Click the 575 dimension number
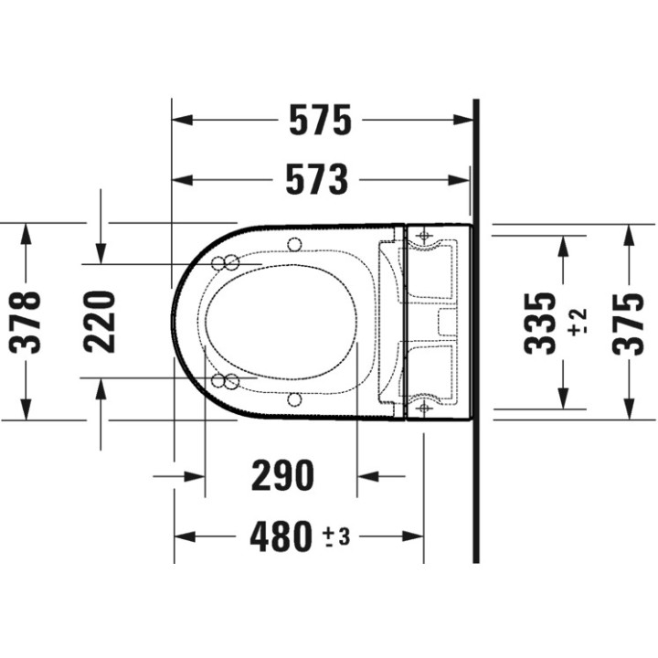[x=320, y=120]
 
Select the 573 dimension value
[x=317, y=180]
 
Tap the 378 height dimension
[x=26, y=322]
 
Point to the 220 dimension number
[x=100, y=322]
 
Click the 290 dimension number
[x=282, y=475]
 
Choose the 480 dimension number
[x=281, y=536]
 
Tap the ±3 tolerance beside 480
[x=335, y=536]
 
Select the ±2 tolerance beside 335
[x=578, y=323]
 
